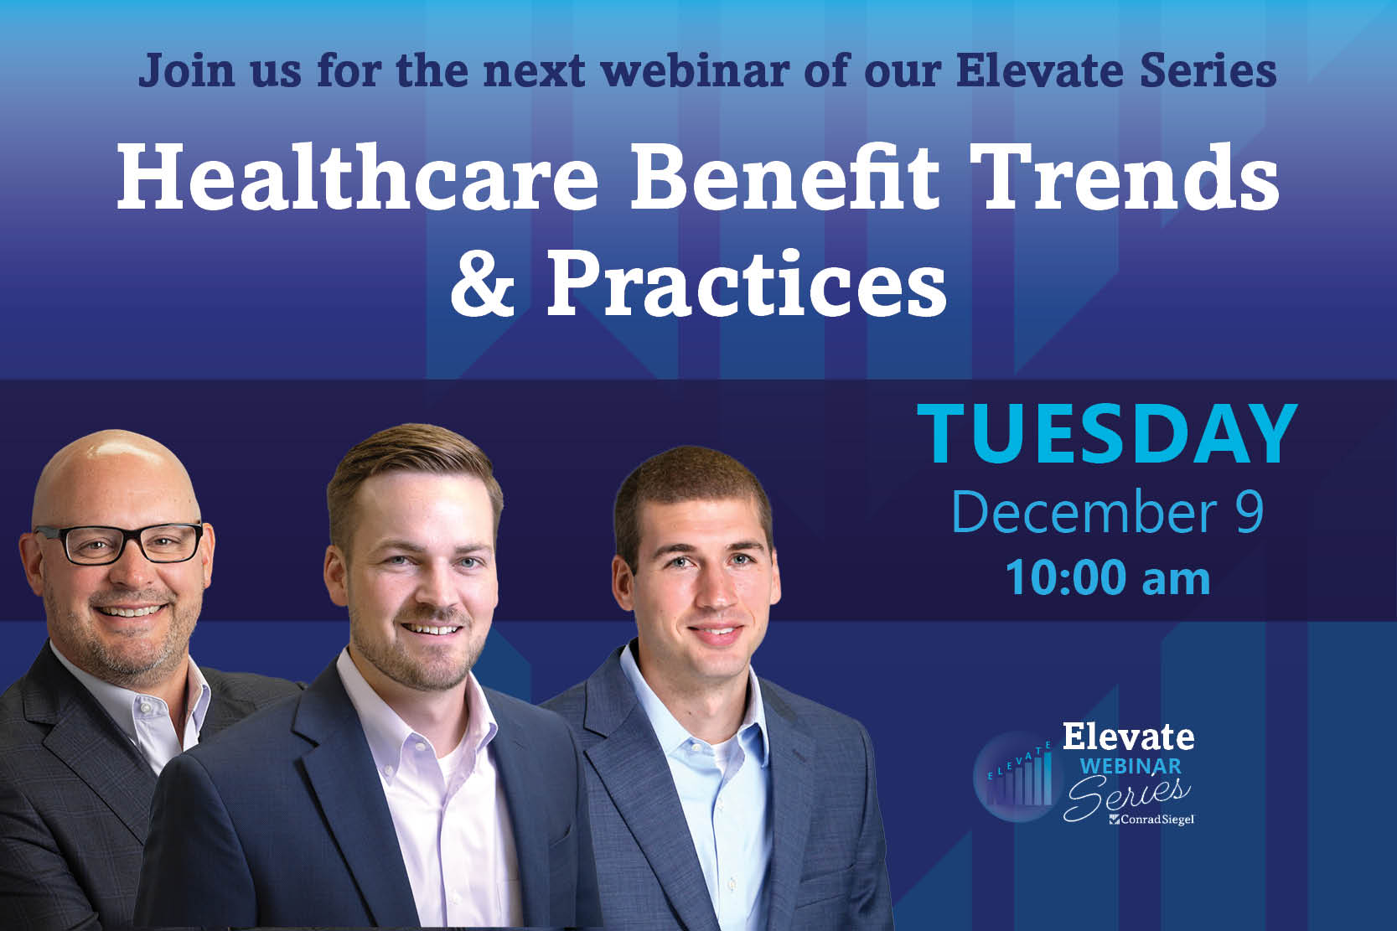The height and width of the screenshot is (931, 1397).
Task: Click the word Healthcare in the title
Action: click(357, 177)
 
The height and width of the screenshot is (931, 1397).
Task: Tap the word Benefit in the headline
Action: click(784, 177)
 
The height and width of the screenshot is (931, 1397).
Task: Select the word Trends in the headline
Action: click(1124, 177)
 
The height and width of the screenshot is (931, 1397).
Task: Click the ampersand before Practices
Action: click(483, 283)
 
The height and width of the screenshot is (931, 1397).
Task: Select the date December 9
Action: click(1107, 512)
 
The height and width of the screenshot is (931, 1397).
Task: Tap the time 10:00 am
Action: click(1108, 578)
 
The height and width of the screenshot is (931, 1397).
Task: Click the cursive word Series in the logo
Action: click(1126, 796)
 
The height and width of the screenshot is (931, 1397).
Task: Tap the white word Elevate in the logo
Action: click(1128, 737)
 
